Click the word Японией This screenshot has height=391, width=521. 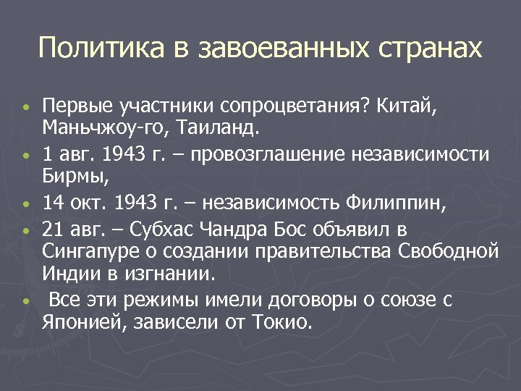pos(82,322)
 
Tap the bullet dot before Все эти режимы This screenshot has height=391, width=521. pos(25,301)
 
